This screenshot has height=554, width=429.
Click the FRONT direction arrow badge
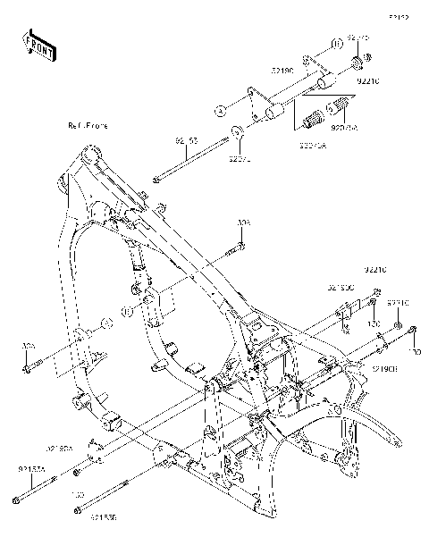[40, 44]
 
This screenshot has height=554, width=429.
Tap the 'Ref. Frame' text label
[87, 126]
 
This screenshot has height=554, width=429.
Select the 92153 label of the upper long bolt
[186, 141]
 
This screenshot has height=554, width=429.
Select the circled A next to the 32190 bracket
[217, 111]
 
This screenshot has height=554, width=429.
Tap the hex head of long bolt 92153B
[79, 510]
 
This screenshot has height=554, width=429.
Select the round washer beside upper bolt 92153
[239, 135]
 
